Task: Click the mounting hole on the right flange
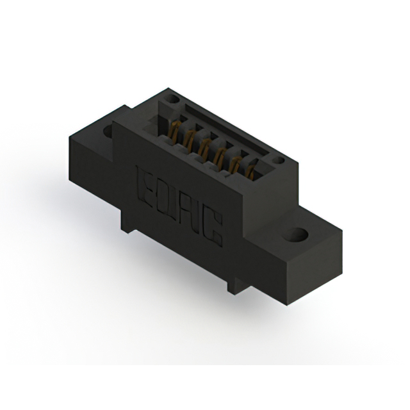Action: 299,234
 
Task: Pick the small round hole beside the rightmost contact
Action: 277,161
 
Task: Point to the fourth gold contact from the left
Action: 220,156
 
